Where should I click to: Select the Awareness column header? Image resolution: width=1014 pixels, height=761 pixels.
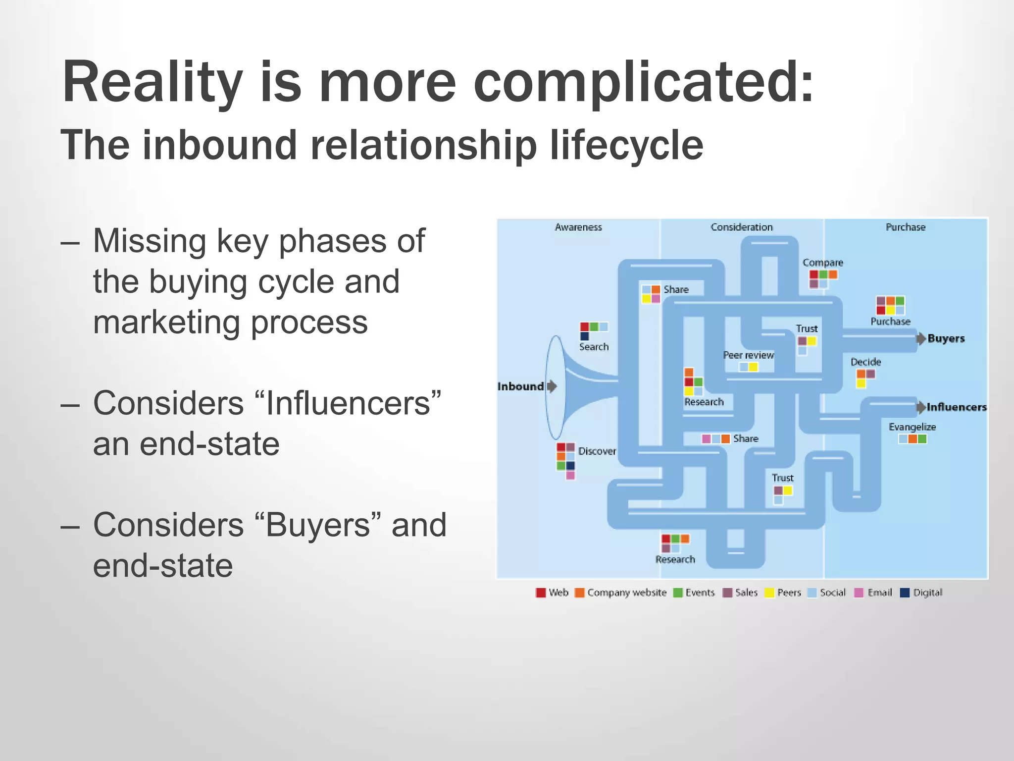(x=578, y=227)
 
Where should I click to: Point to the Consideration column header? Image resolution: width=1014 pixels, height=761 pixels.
(x=742, y=227)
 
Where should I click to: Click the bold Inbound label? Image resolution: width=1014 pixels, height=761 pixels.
(x=520, y=386)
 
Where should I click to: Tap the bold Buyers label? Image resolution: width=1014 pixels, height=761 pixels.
(x=946, y=339)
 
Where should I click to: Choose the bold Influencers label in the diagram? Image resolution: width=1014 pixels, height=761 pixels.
(x=957, y=407)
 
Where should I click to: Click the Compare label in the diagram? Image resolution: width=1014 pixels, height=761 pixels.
(x=822, y=263)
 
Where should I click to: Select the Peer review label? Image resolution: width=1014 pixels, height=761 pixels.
(x=748, y=355)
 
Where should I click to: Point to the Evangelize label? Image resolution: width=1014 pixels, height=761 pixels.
(x=912, y=427)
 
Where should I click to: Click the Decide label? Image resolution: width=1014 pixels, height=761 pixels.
(x=865, y=362)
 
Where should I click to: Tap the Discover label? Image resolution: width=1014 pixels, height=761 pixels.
(x=597, y=451)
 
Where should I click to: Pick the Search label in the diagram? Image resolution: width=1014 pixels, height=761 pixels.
(x=594, y=347)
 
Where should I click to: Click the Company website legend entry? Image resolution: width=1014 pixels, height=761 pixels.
(x=626, y=593)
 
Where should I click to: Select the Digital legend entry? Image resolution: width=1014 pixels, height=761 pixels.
(x=927, y=593)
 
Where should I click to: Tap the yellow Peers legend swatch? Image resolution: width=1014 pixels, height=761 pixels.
(x=769, y=593)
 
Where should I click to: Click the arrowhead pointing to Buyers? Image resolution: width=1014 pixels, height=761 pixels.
(x=921, y=339)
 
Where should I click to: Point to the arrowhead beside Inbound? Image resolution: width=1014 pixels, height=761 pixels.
(x=552, y=386)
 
